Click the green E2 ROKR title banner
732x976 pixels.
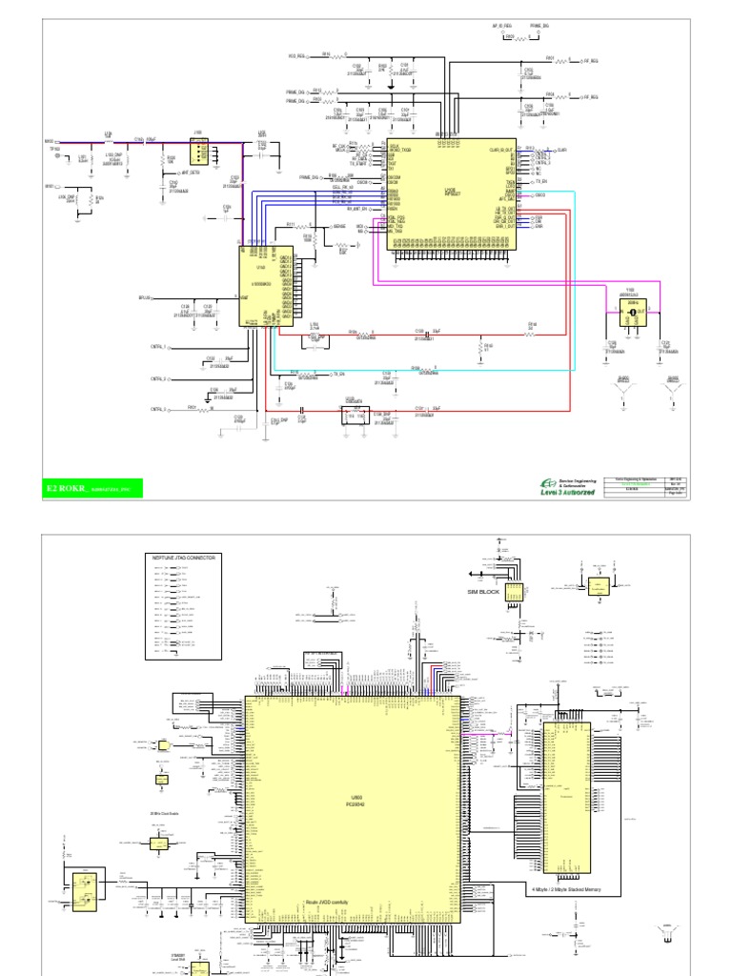92,488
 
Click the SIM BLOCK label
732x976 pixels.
483,591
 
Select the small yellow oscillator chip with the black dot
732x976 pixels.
631,311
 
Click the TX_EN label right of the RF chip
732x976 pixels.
541,180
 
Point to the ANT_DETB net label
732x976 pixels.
191,173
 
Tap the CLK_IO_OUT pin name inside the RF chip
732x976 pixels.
501,150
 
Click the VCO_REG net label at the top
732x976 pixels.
296,56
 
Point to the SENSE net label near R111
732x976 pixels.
338,228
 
